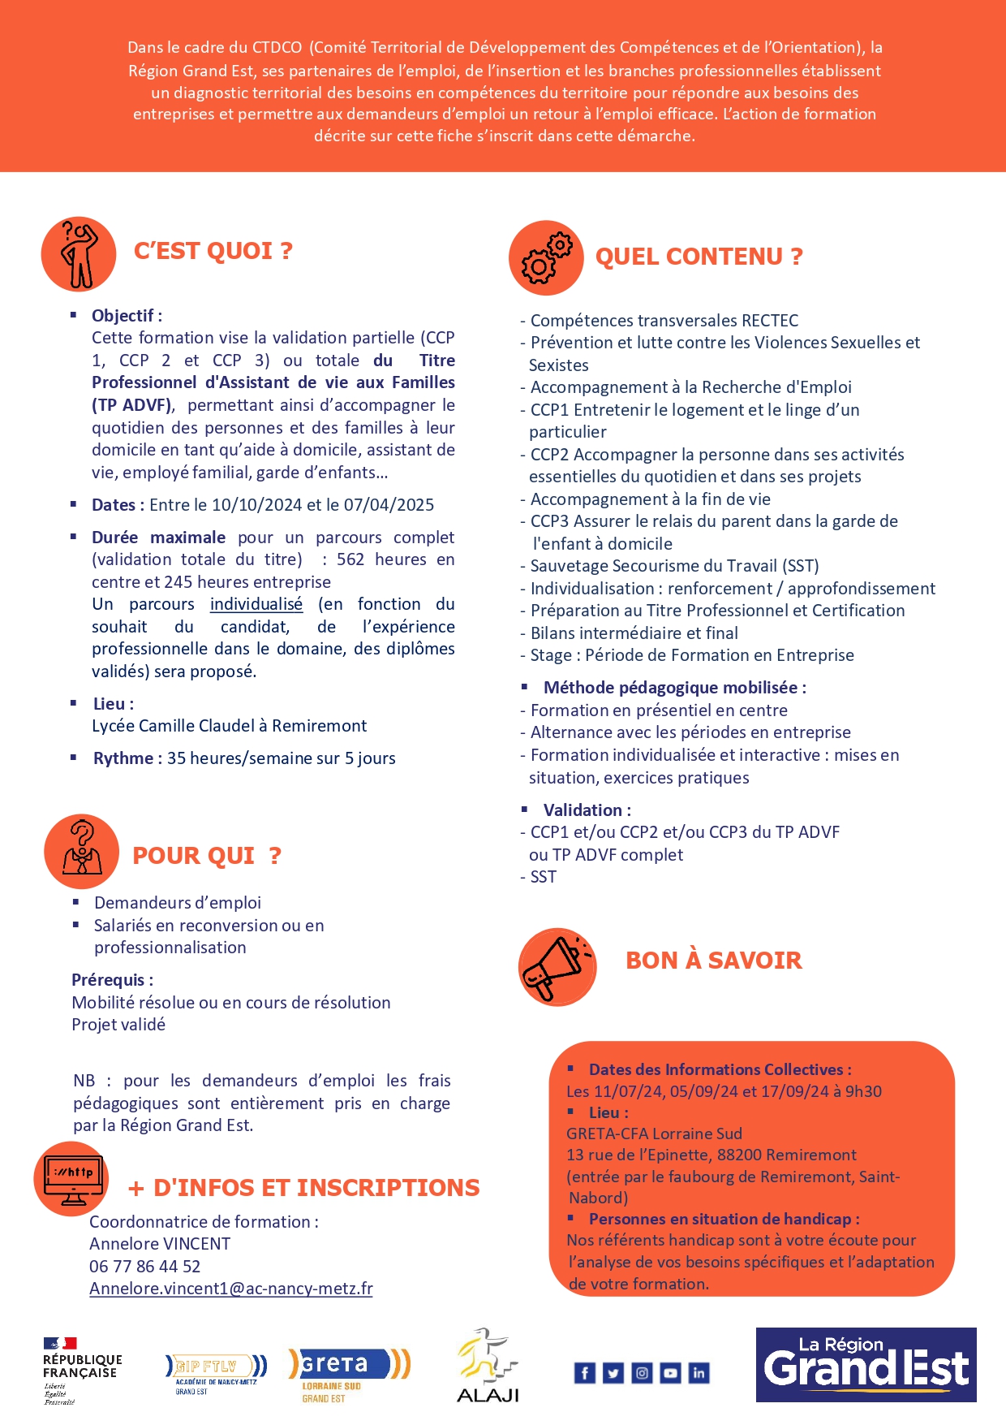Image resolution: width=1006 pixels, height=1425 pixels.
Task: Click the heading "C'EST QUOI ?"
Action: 213,251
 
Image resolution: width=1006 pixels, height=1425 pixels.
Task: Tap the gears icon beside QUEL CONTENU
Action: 546,257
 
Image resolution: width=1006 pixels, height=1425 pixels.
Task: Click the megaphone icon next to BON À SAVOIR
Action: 557,967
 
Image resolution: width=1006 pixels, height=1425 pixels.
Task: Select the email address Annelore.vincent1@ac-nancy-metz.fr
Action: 231,1289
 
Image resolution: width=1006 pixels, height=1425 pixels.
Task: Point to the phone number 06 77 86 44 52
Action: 144,1266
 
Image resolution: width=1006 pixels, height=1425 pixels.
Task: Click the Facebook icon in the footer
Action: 584,1373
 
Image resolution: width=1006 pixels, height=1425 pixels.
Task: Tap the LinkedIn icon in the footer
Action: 699,1373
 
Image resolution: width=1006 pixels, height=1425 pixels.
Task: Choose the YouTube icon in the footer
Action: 670,1373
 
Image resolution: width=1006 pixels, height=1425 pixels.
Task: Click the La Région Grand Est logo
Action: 866,1365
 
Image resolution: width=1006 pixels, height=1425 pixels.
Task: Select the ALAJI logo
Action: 487,1366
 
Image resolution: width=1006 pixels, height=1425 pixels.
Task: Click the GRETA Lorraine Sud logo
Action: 349,1373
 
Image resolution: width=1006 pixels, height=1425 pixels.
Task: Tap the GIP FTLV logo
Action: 215,1371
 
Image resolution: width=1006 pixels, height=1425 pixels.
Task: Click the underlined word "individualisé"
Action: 256,604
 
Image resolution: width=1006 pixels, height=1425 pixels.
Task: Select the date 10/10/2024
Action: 256,505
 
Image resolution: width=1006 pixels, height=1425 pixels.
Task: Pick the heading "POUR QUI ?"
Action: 206,856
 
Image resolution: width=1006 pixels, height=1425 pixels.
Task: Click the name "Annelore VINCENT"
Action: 160,1244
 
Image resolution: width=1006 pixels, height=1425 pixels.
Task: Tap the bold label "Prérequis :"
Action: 113,980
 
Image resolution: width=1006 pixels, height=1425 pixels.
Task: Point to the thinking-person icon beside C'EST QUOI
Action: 79,254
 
